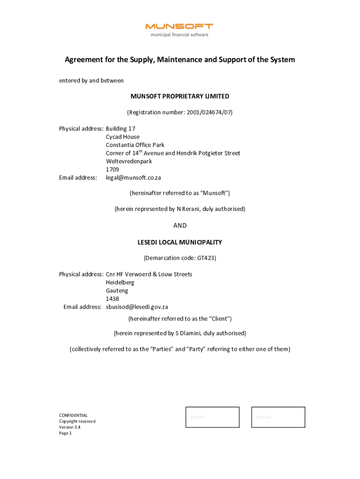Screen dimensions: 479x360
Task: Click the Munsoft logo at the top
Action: [x=180, y=29]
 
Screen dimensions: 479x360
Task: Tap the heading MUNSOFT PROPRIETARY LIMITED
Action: [x=180, y=96]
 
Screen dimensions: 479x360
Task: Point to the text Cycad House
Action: [x=122, y=137]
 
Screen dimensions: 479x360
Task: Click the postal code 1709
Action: [x=112, y=169]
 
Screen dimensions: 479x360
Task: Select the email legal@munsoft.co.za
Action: [x=133, y=178]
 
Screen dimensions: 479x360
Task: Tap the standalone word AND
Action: [x=180, y=225]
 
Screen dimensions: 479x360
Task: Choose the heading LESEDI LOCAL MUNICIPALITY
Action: [x=180, y=242]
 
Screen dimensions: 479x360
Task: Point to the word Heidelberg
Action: [x=120, y=283]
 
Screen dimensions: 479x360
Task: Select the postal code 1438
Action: [x=112, y=298]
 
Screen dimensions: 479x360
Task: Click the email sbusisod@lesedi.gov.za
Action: [x=137, y=307]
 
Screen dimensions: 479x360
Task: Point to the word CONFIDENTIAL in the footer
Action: [x=73, y=415]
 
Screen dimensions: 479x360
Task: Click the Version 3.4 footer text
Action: [x=70, y=427]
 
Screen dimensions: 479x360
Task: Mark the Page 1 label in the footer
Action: [x=65, y=433]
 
